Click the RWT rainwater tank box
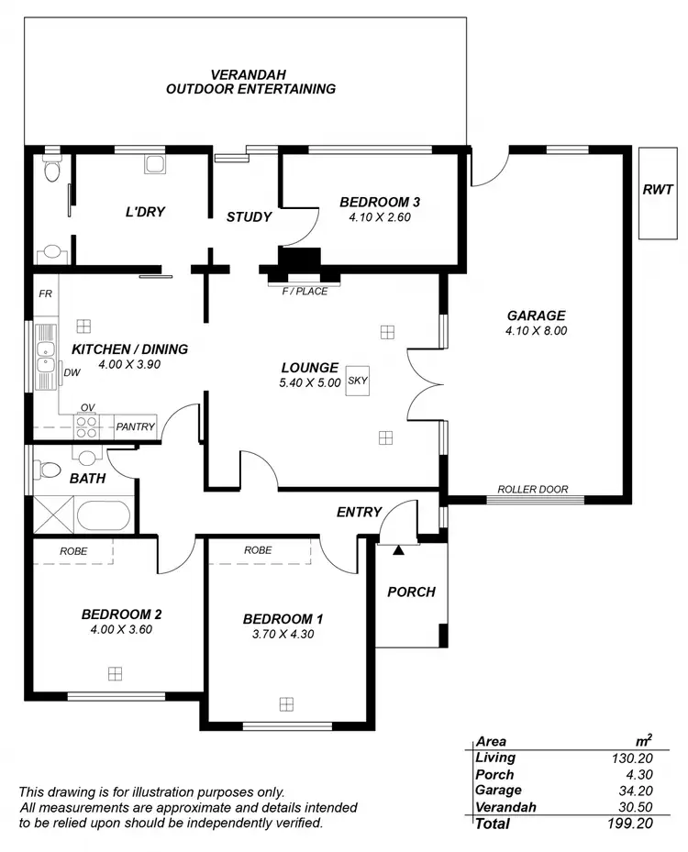[657, 192]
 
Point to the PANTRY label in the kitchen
[136, 426]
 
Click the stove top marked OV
[87, 426]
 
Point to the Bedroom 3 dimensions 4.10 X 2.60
[380, 218]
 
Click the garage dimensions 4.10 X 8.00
[537, 331]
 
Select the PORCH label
[411, 592]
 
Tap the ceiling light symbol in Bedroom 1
[287, 704]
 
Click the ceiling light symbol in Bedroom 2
[115, 673]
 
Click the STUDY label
[250, 217]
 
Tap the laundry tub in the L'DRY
[154, 163]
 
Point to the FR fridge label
[44, 294]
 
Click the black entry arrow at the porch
[398, 550]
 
